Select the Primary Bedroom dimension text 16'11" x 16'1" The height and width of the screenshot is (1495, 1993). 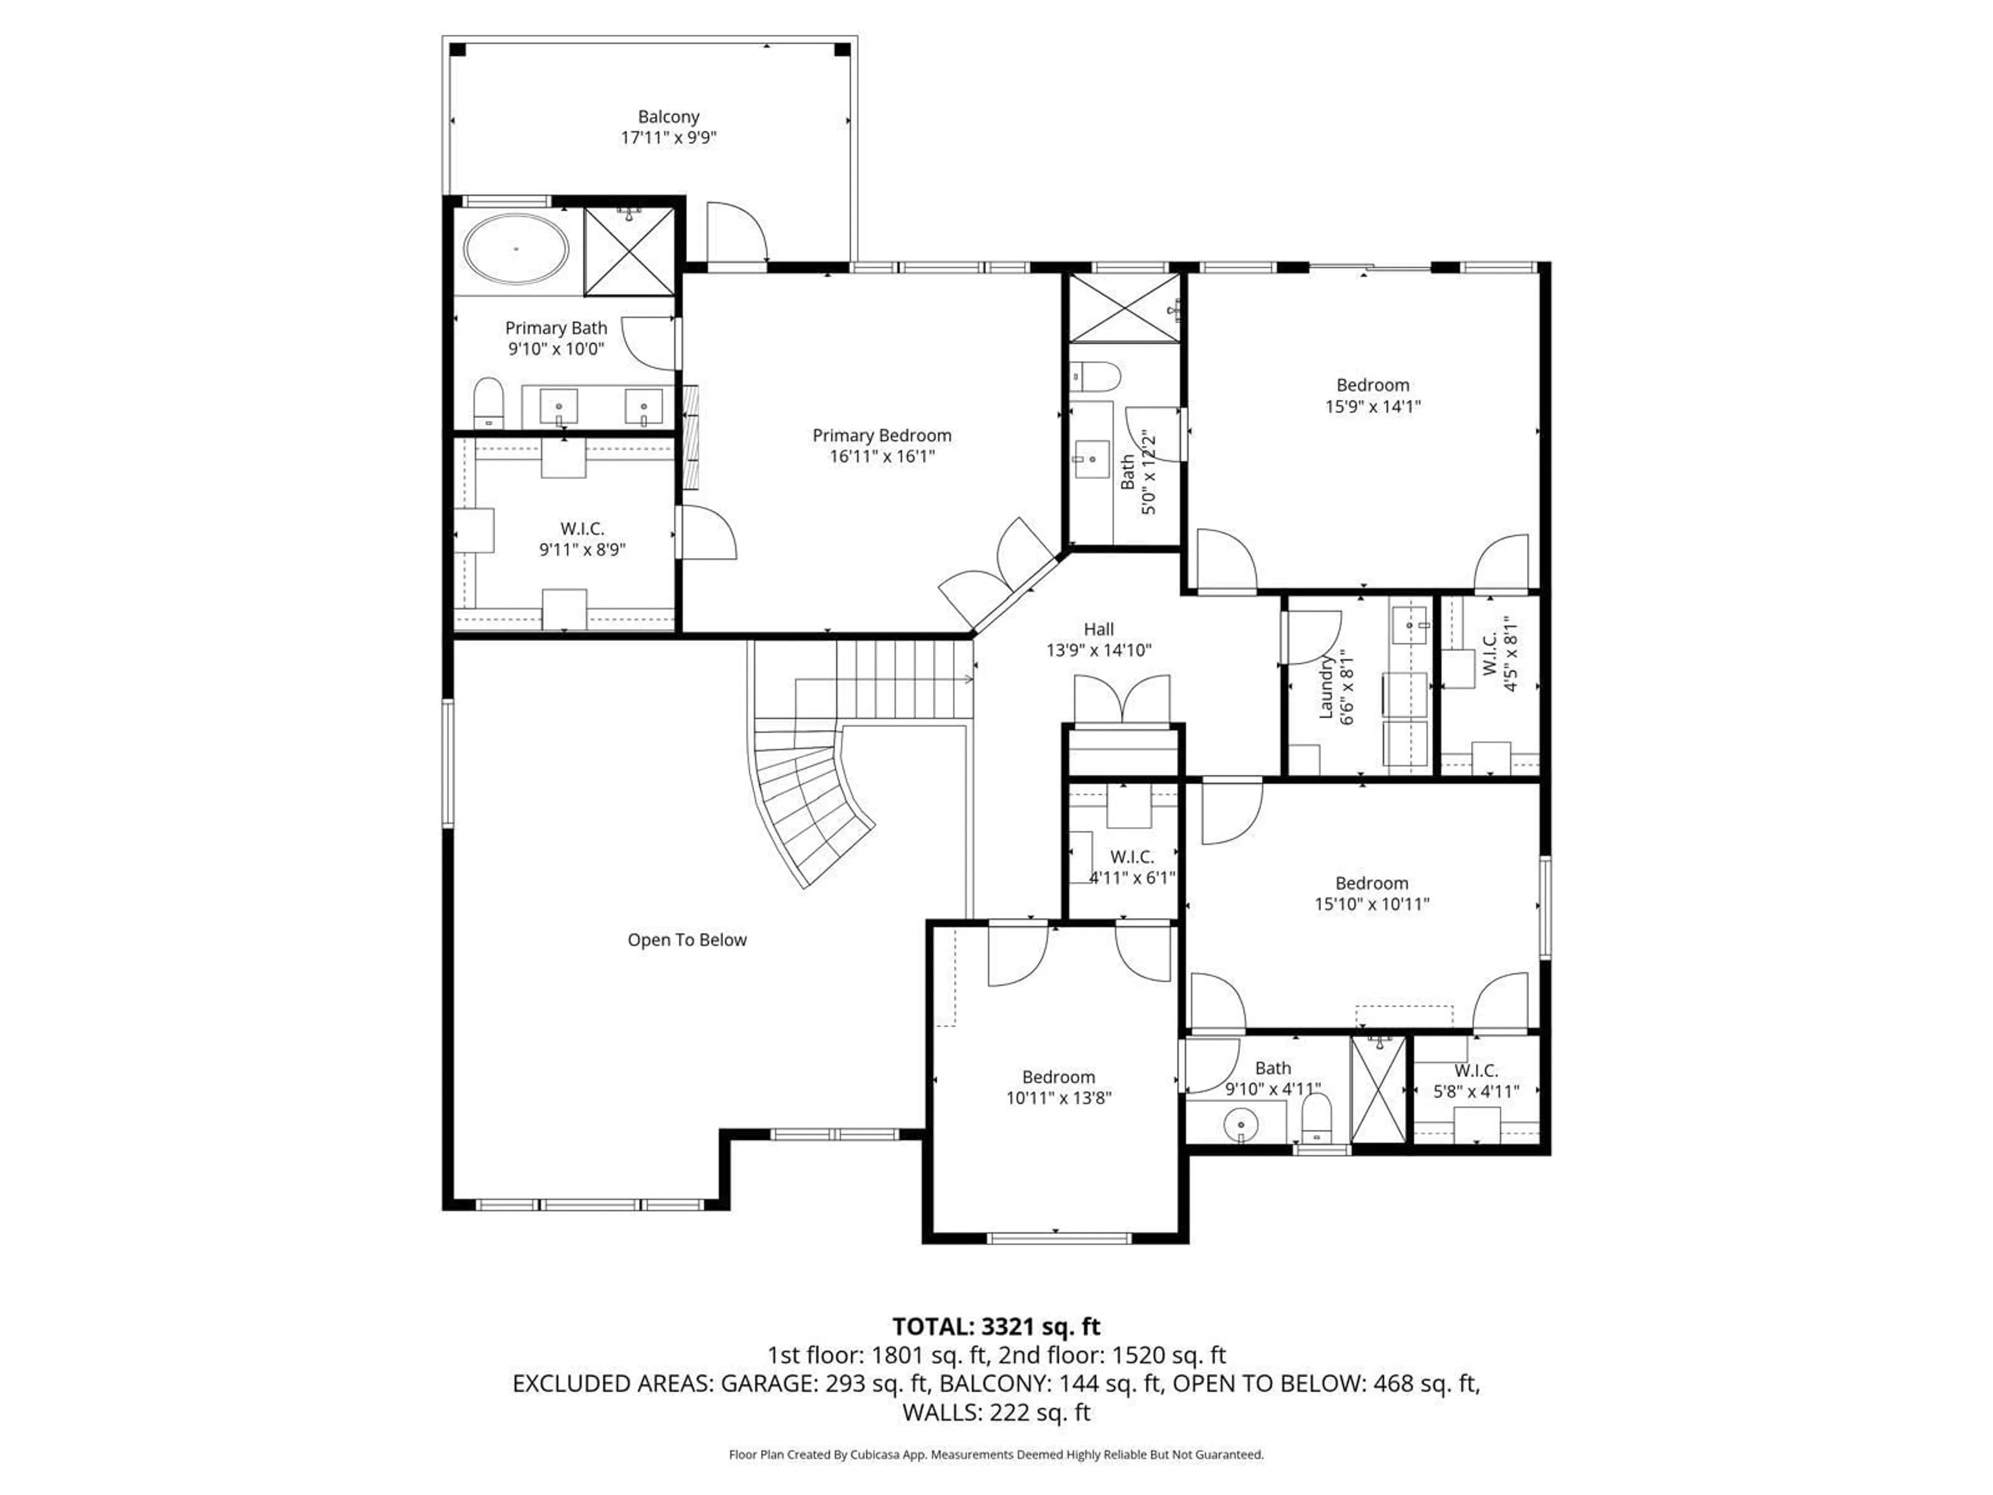click(882, 457)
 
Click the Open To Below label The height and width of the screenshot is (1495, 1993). click(687, 940)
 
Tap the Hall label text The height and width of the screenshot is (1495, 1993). click(1098, 630)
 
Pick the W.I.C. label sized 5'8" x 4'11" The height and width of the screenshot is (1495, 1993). click(1476, 1070)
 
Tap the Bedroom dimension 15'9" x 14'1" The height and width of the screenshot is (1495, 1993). click(1372, 406)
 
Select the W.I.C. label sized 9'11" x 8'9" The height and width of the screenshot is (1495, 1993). click(582, 529)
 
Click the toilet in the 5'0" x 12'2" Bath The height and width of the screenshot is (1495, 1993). click(1093, 375)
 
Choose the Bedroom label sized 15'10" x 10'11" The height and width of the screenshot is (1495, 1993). click(1371, 883)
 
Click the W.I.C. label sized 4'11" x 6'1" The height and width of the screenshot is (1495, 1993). click(1131, 857)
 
